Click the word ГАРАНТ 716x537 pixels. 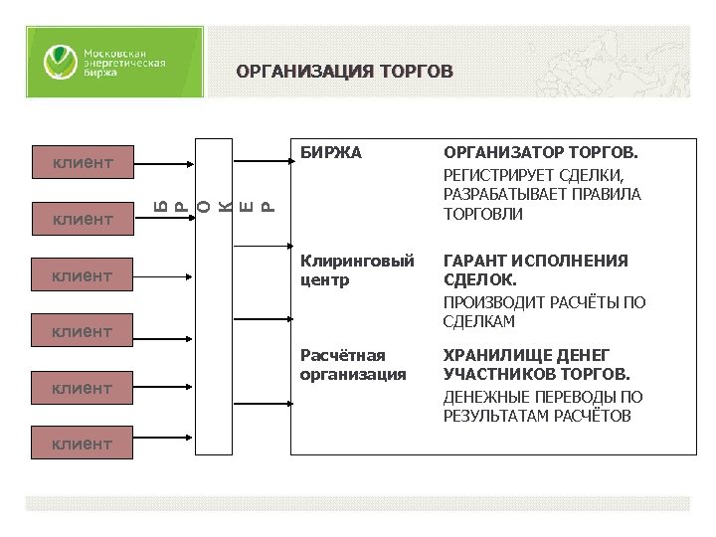pyautogui.click(x=473, y=261)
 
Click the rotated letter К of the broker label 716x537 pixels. pyautogui.click(x=228, y=206)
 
